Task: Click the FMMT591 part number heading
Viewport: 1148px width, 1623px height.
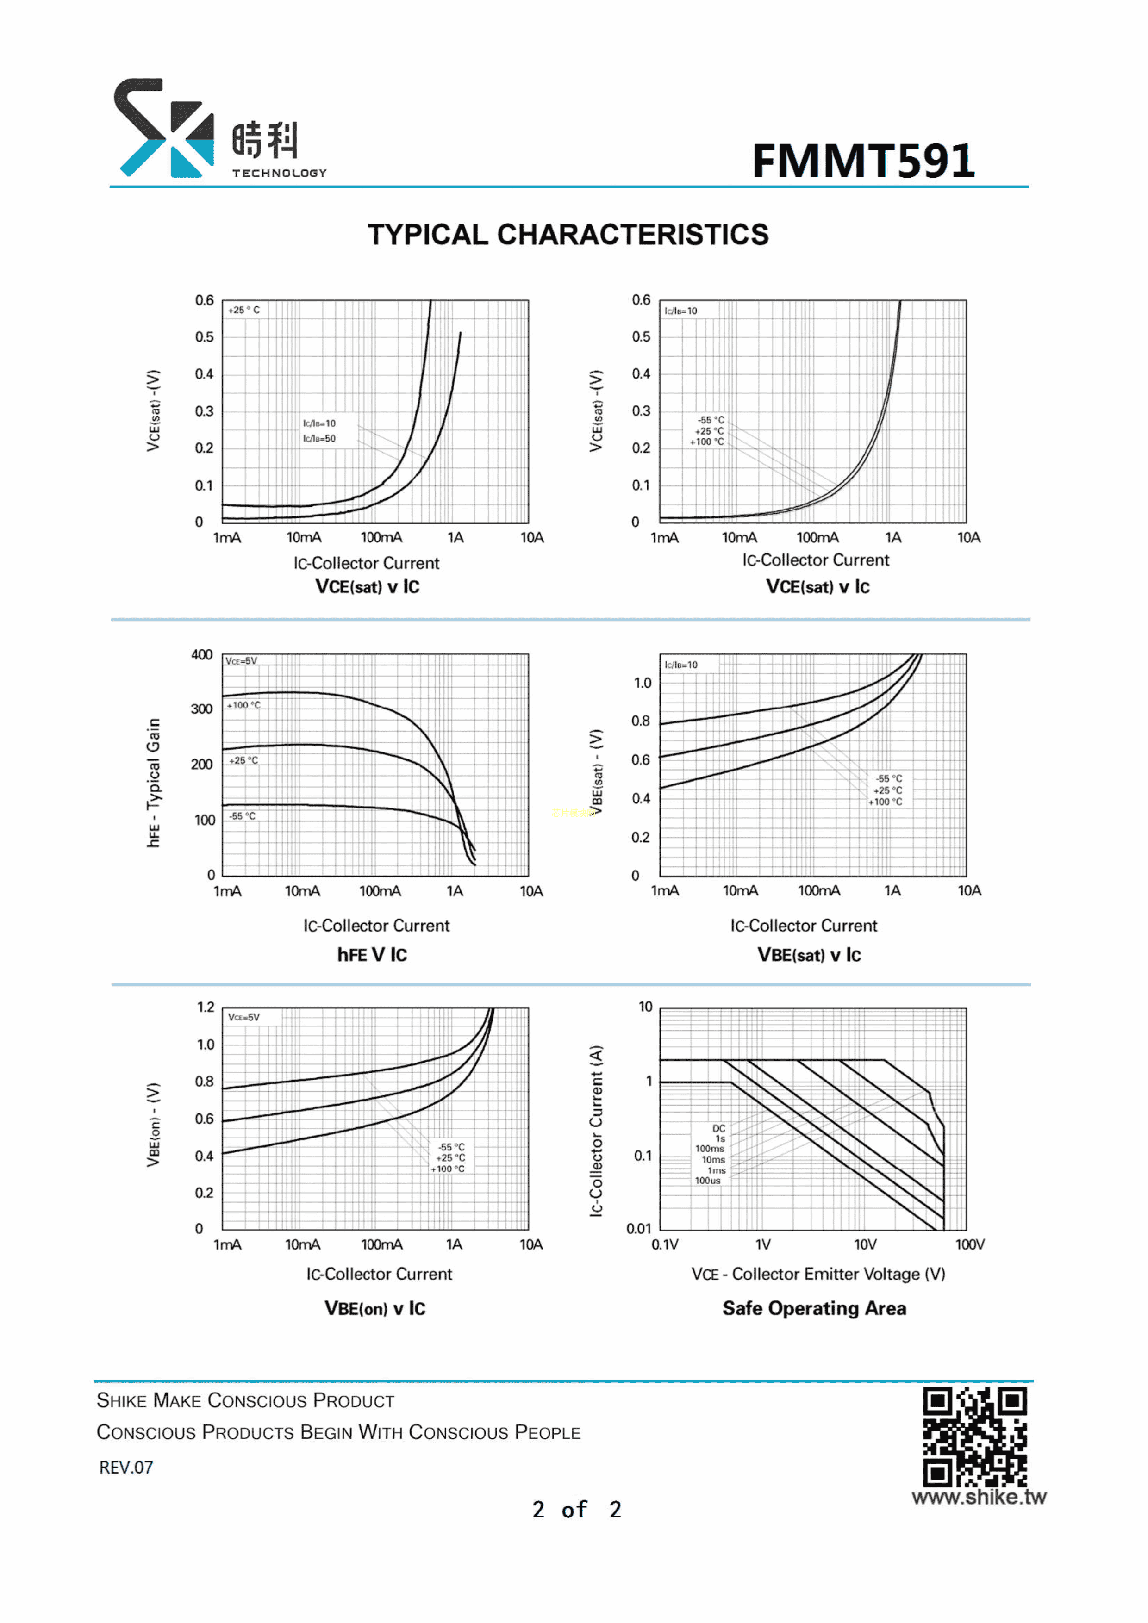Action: [x=863, y=161]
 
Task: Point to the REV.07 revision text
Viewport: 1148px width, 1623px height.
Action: [x=126, y=1468]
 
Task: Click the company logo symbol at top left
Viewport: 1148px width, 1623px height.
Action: [x=164, y=128]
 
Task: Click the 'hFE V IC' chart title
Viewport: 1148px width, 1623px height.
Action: [x=372, y=955]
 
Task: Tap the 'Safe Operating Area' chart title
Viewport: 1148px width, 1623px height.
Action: [x=814, y=1308]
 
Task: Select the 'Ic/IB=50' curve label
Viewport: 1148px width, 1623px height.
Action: [x=319, y=439]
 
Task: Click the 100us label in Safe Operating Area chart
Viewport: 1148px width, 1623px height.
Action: [x=708, y=1181]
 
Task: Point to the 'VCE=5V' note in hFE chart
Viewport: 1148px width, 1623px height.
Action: [x=241, y=661]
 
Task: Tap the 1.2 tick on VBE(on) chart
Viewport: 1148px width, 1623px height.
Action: [x=206, y=1007]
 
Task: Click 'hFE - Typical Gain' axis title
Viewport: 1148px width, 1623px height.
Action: [x=153, y=783]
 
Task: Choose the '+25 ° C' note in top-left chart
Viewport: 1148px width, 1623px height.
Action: [x=244, y=311]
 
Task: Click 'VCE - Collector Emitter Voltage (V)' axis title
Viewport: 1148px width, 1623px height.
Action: [x=818, y=1274]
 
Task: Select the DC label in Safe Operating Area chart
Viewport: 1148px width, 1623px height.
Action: [x=719, y=1128]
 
